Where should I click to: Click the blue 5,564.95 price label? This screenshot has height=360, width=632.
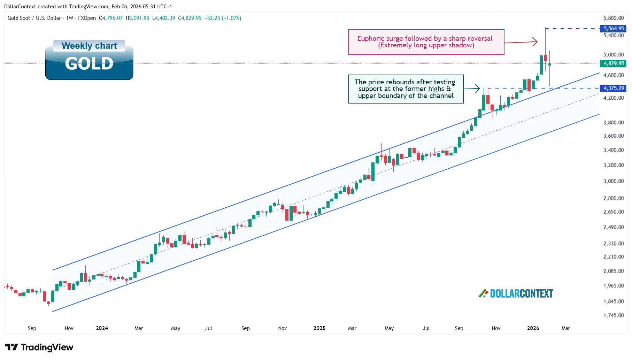[613, 29]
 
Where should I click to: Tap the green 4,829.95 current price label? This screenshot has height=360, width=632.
[613, 63]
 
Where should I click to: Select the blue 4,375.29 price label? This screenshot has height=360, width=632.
[613, 88]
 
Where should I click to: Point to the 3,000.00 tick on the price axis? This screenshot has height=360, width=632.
[613, 181]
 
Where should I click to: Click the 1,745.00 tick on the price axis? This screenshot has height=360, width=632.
[613, 315]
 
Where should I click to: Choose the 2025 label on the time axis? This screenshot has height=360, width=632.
[319, 328]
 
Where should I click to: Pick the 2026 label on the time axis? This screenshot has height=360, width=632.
[533, 328]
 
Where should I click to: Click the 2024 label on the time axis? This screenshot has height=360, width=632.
[102, 328]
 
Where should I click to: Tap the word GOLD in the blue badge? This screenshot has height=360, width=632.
[89, 64]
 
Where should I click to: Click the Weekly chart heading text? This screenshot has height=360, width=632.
[89, 46]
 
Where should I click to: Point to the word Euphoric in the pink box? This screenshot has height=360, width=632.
[371, 39]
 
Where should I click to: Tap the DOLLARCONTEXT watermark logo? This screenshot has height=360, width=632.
[516, 293]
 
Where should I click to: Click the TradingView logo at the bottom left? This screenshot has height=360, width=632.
[39, 347]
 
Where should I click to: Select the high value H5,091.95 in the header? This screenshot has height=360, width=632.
[137, 18]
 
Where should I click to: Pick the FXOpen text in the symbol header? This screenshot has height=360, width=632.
[87, 18]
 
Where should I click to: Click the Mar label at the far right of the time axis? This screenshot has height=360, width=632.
[565, 328]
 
